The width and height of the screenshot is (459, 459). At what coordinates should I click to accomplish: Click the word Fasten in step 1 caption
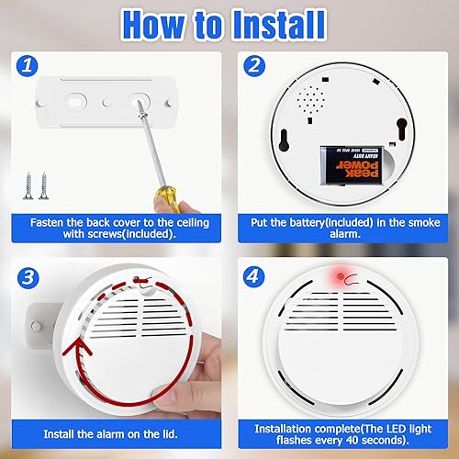(x=50, y=222)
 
